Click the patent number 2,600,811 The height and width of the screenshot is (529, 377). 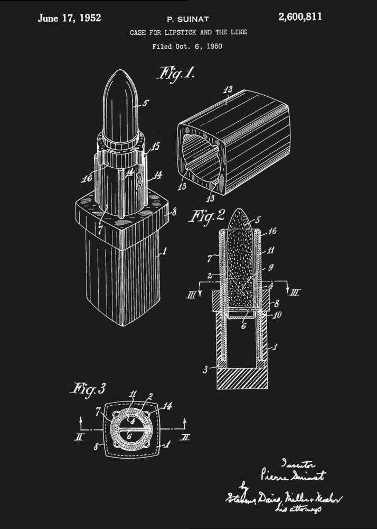(300, 17)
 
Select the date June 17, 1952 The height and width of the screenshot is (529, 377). (69, 17)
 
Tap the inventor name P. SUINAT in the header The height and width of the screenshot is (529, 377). (188, 19)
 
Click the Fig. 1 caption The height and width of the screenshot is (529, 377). (176, 72)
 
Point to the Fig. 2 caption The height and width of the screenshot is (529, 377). (207, 215)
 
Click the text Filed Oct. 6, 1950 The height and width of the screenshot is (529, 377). (187, 47)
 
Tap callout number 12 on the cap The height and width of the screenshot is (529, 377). (228, 90)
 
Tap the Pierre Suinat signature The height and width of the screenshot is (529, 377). (294, 476)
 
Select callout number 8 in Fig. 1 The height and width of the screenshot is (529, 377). (174, 213)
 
